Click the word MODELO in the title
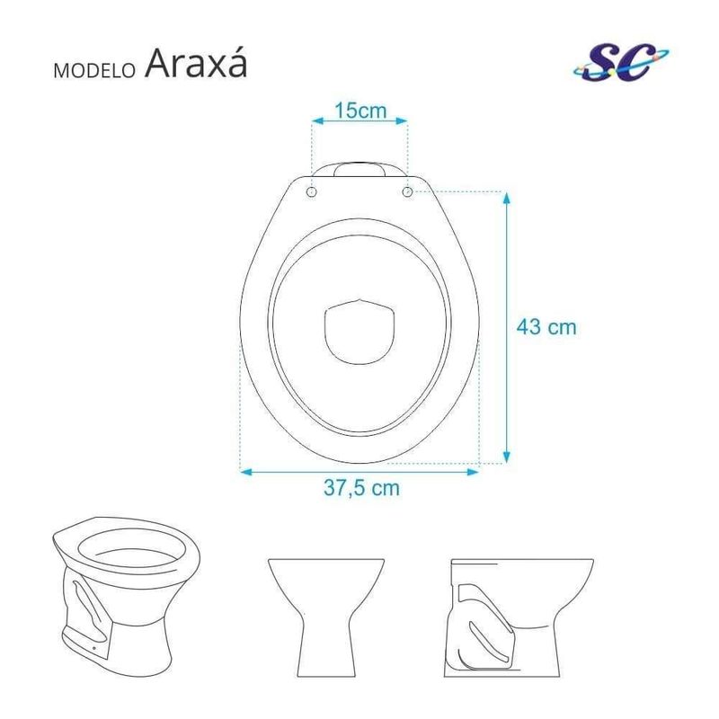(94, 71)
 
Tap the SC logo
(620, 62)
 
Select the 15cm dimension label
(360, 111)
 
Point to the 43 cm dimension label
(546, 327)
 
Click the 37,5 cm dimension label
(361, 487)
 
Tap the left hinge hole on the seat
(312, 191)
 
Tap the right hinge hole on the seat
(407, 191)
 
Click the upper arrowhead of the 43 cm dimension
(506, 198)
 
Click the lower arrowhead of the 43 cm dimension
(506, 457)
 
